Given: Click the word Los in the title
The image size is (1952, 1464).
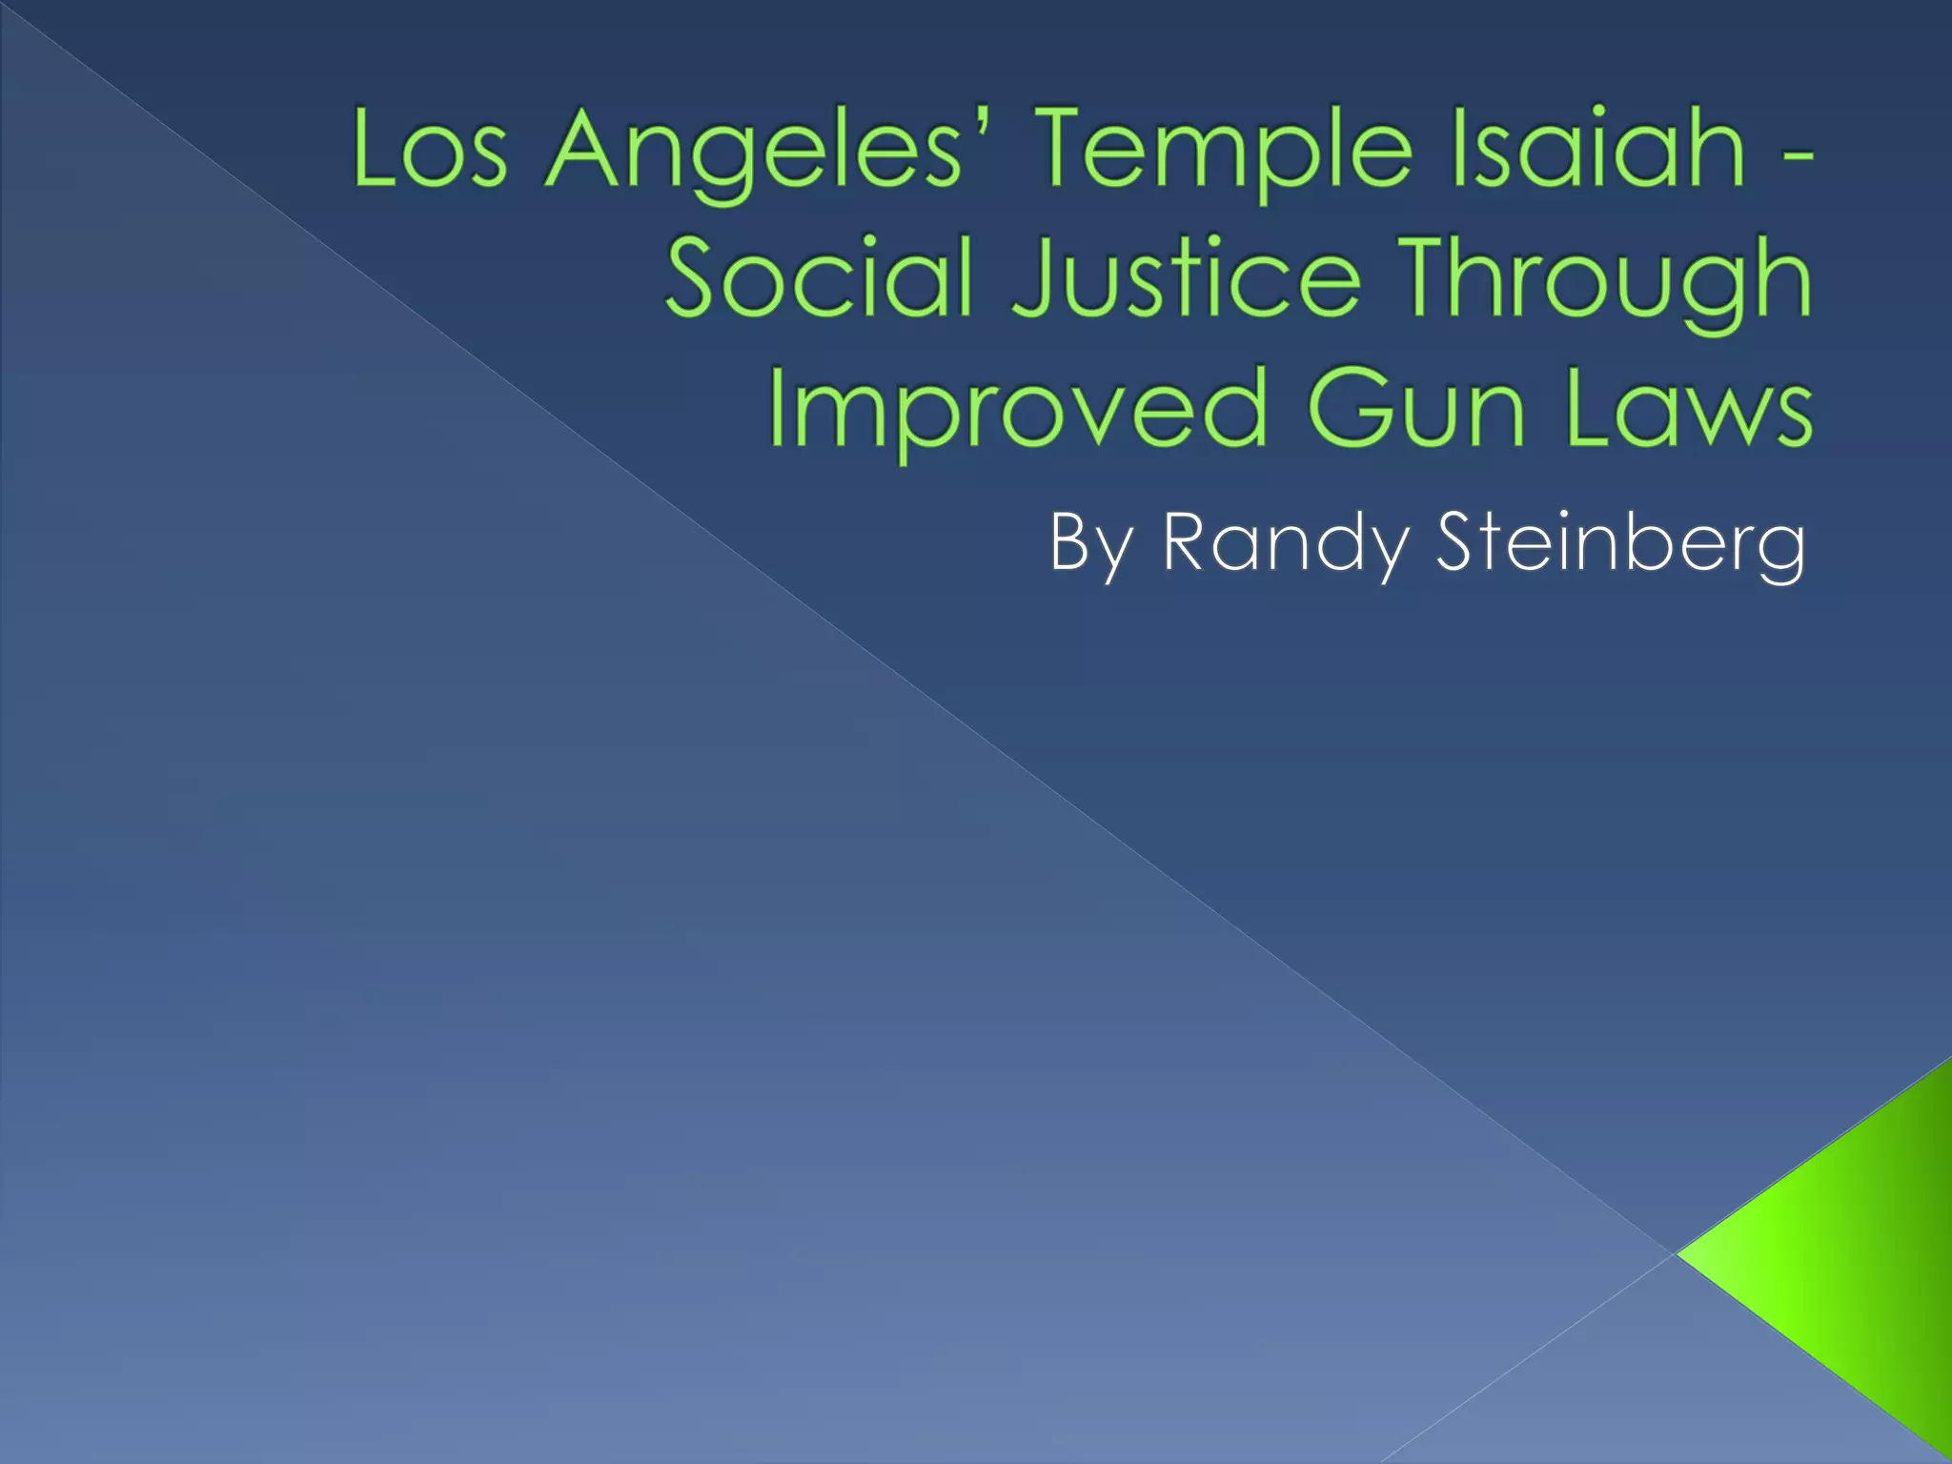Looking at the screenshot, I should pyautogui.click(x=430, y=151).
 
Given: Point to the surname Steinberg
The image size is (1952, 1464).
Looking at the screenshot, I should pyautogui.click(x=1619, y=543).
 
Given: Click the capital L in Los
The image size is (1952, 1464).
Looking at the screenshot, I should pyautogui.click(x=374, y=149).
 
